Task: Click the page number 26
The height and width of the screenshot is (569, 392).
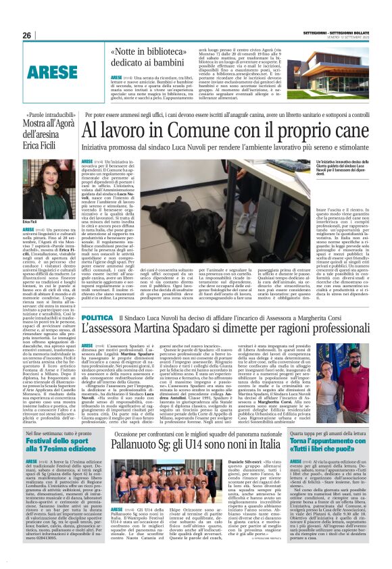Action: coord(26,35)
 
